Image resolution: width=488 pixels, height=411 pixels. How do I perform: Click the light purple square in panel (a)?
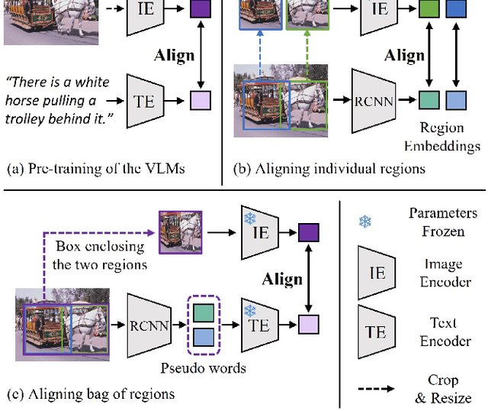click(200, 100)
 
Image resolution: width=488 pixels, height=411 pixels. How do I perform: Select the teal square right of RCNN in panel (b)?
click(430, 100)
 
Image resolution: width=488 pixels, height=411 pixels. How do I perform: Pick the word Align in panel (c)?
click(282, 279)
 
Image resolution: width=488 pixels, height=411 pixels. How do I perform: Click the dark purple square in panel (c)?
click(309, 232)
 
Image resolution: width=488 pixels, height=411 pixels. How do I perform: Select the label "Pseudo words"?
click(203, 368)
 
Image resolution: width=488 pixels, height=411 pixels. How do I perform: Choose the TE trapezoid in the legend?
click(375, 332)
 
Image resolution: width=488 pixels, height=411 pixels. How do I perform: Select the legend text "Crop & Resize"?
click(445, 389)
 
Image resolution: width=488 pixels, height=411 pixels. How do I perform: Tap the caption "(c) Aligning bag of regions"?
click(91, 394)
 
